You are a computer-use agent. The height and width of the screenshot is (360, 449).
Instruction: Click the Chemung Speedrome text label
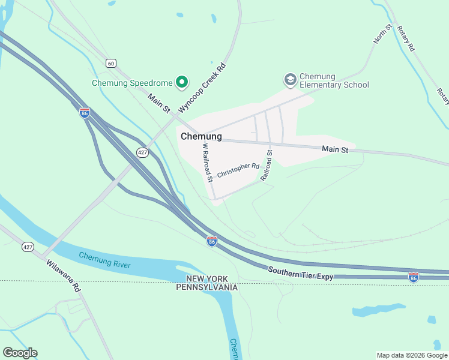131,83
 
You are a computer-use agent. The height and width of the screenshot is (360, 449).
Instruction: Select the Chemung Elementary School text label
334,80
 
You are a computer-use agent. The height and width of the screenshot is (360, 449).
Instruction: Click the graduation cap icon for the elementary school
290,80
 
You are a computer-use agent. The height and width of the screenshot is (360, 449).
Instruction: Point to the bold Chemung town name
201,137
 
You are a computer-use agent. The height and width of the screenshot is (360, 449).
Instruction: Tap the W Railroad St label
207,162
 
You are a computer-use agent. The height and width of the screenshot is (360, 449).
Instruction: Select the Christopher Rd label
238,170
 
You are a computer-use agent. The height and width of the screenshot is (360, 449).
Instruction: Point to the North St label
382,34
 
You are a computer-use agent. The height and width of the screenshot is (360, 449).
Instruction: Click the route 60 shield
110,62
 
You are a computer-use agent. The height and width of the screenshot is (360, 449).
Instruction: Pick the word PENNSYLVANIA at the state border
207,287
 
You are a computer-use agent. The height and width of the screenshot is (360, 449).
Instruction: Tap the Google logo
20,353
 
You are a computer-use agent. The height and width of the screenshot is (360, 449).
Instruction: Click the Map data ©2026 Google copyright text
412,355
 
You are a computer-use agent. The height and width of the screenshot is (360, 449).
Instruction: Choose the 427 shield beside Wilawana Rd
28,247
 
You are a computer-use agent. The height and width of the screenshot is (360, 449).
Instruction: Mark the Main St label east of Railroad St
335,149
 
